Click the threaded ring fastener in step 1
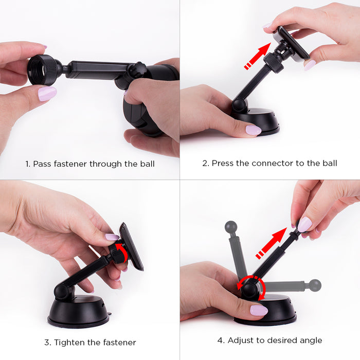pos(43,70)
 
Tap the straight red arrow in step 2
pos(258,56)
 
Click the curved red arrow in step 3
pos(122,253)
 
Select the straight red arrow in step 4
pos(272,243)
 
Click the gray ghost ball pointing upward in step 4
pos(231,227)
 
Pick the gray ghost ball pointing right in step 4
pos(315,285)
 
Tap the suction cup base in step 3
pos(78,312)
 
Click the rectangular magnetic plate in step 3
pos(131,246)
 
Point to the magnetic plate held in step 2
pos(291,44)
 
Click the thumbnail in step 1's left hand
pos(47,94)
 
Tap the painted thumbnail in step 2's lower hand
pos(254,130)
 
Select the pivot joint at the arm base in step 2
pos(240,105)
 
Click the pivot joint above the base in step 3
pos(62,292)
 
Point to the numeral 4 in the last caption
pos(220,340)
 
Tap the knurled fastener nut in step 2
pos(273,62)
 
